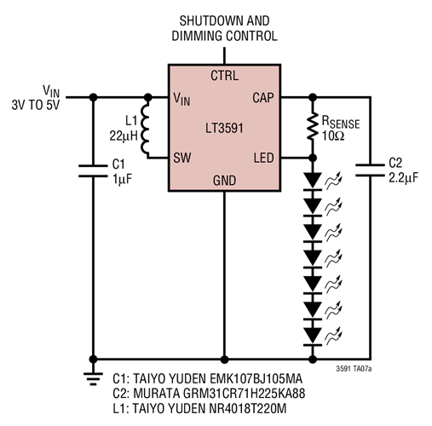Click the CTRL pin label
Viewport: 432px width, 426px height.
pos(224,75)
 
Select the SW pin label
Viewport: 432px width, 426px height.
pos(182,157)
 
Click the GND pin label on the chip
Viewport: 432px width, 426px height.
pos(224,180)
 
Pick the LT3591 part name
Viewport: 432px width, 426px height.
pos(224,127)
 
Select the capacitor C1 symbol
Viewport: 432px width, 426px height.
pos(89,170)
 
